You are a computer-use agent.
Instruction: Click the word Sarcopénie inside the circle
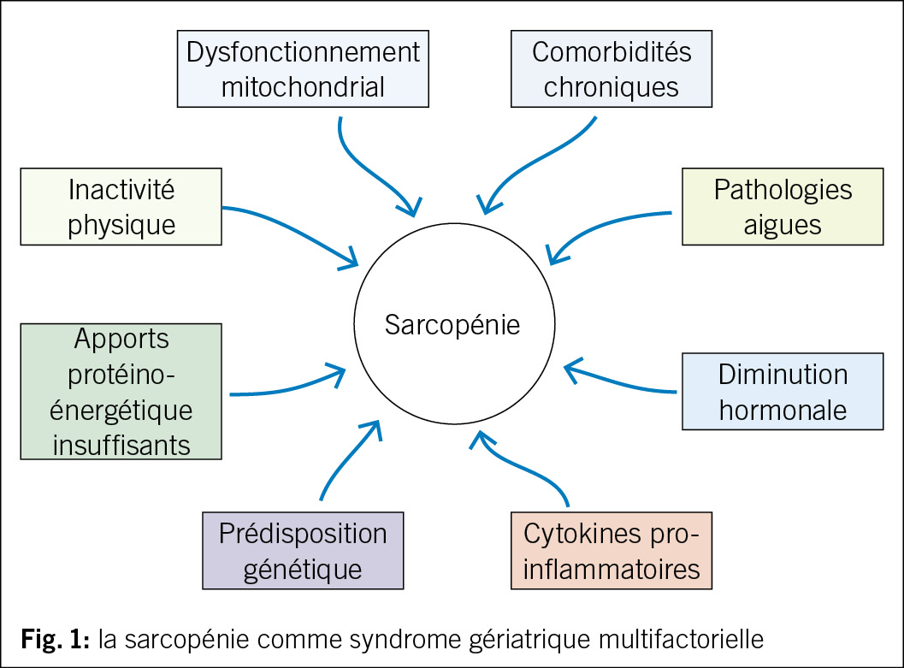pos(452,325)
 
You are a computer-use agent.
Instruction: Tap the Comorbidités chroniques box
pos(612,69)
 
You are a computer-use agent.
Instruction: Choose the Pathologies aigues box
pos(783,206)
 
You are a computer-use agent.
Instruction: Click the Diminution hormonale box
pos(783,391)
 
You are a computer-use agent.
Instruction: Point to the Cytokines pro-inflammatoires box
pos(611,550)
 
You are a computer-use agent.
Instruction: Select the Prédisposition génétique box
pos(303,550)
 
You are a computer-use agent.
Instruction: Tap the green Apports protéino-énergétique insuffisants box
pos(121,391)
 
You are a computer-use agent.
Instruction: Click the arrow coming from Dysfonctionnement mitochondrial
pos(359,167)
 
